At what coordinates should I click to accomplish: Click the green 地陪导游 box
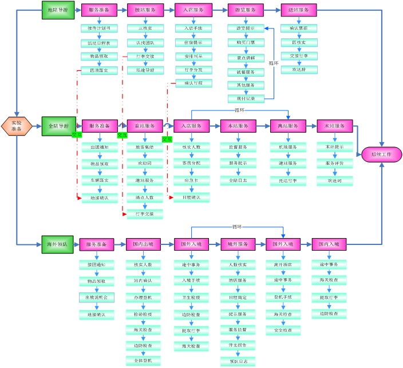click(x=57, y=10)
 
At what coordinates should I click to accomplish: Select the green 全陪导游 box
click(x=57, y=125)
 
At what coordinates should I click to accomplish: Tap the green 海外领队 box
click(x=57, y=244)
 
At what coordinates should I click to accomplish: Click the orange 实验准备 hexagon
click(x=17, y=125)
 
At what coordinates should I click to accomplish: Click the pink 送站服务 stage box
click(x=299, y=10)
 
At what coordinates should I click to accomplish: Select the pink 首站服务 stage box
click(x=145, y=126)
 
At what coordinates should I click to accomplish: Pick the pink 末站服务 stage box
click(x=331, y=126)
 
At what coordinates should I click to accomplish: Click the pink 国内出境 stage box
click(x=143, y=244)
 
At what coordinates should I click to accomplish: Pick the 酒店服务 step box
click(x=238, y=280)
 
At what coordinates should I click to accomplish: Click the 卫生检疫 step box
click(x=191, y=297)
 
